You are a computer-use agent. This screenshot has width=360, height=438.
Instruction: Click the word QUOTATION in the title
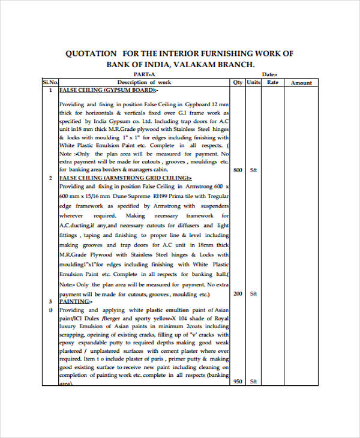89,53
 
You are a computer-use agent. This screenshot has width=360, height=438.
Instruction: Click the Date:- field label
270,74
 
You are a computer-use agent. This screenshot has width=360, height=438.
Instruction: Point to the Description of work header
144,82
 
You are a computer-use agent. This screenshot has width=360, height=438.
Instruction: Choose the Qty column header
238,82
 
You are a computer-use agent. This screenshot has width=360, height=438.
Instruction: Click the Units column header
254,82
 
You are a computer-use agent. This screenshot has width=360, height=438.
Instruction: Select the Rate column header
272,82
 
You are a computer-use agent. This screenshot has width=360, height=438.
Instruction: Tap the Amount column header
301,83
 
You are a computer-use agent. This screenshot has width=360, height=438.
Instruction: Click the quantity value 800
238,170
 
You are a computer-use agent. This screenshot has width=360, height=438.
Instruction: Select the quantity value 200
238,293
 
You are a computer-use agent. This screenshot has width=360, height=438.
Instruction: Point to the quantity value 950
238,382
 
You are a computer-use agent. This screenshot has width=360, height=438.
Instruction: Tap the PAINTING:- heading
75,301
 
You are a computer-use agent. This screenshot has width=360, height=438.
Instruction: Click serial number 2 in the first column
50,178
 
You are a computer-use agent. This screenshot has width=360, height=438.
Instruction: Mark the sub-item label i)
50,310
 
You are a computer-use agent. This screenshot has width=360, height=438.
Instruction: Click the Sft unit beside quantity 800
253,170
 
